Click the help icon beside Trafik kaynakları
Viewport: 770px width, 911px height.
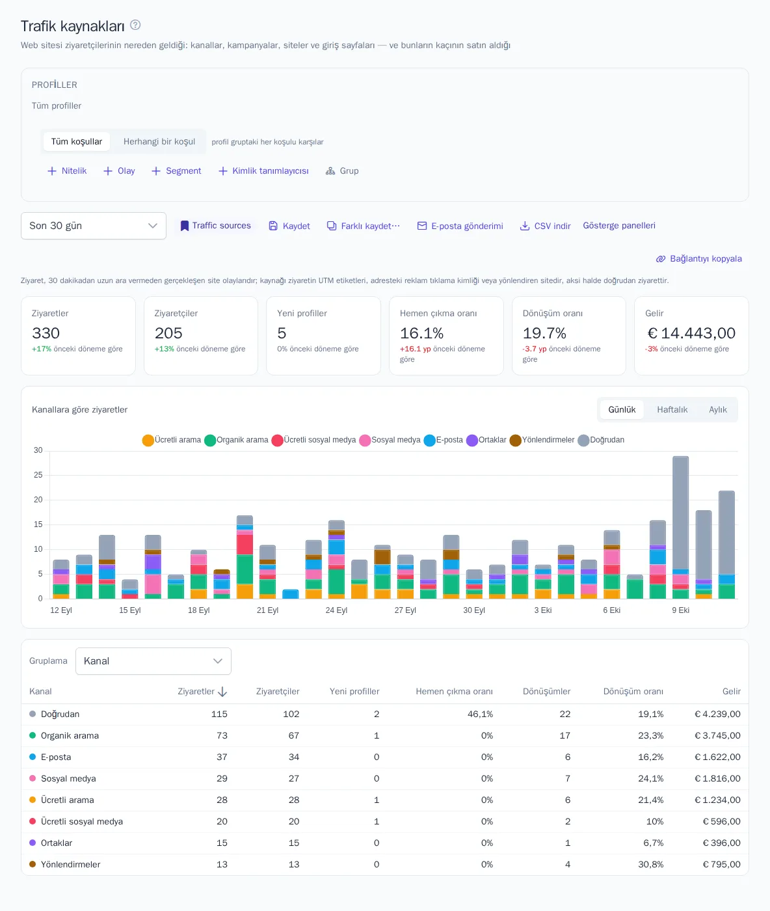click(135, 25)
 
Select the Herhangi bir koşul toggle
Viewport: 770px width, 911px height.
click(159, 141)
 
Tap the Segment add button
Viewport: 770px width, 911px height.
click(176, 171)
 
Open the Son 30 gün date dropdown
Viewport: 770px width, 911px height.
click(94, 226)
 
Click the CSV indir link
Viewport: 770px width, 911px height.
click(545, 226)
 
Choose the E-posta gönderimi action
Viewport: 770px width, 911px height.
click(460, 226)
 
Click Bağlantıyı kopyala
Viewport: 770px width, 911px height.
click(698, 259)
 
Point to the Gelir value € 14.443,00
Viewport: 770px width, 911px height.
click(691, 333)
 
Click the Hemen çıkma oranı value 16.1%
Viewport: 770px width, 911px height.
click(421, 333)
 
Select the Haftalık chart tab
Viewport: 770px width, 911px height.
click(672, 409)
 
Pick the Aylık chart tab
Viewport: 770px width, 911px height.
click(717, 409)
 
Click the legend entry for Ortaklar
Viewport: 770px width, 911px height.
click(486, 440)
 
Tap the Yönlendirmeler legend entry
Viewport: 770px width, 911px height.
click(542, 440)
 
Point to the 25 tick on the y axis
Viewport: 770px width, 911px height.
click(38, 474)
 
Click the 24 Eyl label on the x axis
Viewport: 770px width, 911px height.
click(336, 610)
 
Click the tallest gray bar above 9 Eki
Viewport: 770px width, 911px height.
click(680, 513)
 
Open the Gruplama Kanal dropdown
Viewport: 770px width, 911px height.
click(153, 660)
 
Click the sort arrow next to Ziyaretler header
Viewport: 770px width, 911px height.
click(222, 692)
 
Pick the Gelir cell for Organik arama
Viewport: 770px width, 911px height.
click(717, 735)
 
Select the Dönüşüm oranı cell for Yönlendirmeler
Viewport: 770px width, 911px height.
click(650, 864)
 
